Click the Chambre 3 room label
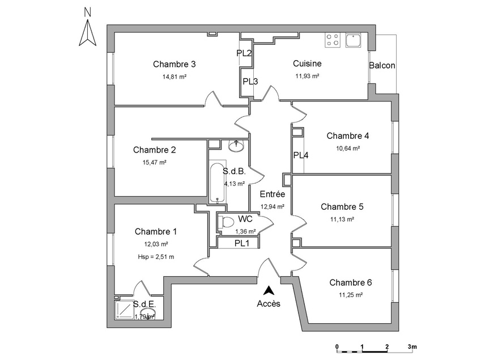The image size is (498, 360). [174, 64]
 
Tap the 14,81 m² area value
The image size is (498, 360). [174, 77]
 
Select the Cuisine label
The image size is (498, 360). [307, 64]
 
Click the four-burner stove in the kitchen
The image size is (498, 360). [333, 40]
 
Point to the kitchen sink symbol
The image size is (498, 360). [354, 40]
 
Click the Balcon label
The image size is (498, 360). [382, 66]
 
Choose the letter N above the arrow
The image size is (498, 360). [87, 12]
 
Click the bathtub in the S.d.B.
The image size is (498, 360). [215, 183]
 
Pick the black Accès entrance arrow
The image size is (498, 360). [270, 290]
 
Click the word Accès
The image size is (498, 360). [269, 303]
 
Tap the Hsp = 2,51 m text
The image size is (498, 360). [156, 257]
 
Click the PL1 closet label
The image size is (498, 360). [242, 244]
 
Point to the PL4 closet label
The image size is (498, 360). [301, 155]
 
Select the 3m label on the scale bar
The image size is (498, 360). [411, 346]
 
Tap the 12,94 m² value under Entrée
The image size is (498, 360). [272, 207]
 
